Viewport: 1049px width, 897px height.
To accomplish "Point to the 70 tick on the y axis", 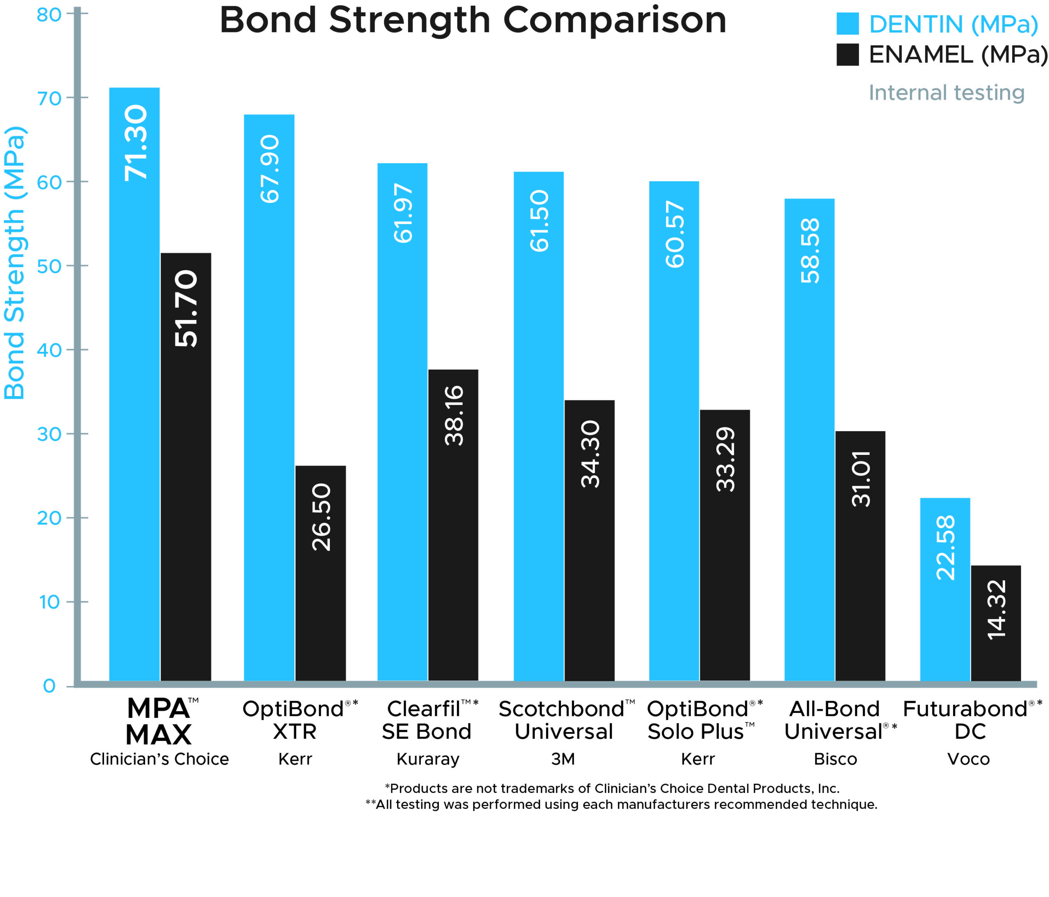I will [x=49, y=98].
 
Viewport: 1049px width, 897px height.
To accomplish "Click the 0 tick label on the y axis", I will [x=49, y=686].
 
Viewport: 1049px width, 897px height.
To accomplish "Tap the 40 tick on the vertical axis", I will [x=49, y=350].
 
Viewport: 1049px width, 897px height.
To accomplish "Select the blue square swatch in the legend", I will [x=847, y=24].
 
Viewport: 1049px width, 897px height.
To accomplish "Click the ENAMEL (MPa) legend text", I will [x=957, y=55].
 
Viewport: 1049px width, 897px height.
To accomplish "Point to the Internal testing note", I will [x=946, y=93].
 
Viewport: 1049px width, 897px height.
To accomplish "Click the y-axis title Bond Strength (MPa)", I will [x=14, y=263].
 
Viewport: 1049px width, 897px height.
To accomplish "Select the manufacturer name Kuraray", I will [x=428, y=759].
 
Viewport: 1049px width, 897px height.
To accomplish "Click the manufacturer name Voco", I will [x=968, y=759].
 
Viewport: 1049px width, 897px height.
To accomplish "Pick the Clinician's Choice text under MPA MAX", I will [x=159, y=759].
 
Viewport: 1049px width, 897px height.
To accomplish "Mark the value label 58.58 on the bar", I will [x=810, y=250].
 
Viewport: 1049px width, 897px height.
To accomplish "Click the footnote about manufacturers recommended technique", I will [x=621, y=804].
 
